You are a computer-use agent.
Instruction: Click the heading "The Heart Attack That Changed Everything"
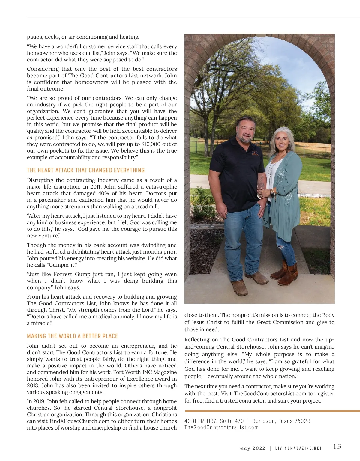86,170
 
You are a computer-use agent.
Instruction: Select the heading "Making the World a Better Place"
72,336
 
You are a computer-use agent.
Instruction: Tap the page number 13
337,447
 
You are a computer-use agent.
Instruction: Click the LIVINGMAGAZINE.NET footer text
298,448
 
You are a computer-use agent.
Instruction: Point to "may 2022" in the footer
252,448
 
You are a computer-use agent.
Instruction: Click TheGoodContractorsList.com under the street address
221,427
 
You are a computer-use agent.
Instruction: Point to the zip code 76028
302,421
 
